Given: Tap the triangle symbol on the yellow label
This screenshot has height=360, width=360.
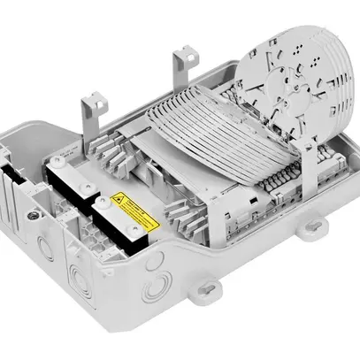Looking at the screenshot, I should pos(120,201).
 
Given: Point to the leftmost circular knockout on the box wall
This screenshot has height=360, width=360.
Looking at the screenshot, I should pos(42,241).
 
